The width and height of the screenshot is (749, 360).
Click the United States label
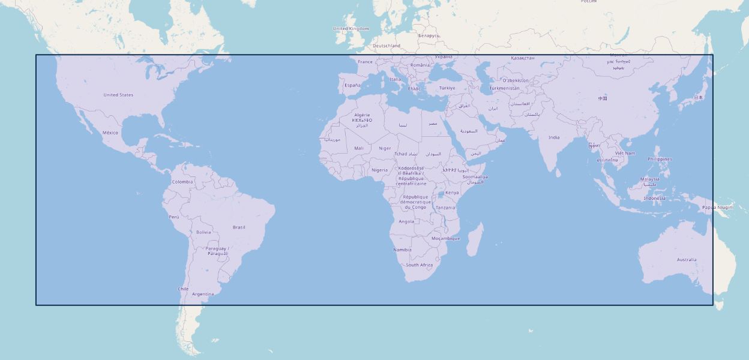[x=118, y=95]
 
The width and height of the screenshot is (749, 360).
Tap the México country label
[x=110, y=133]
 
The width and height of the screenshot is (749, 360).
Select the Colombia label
[x=182, y=182]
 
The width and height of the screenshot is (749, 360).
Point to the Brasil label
[x=239, y=227]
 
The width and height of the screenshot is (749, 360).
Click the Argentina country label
[x=203, y=294]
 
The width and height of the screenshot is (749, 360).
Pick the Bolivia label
[x=203, y=232]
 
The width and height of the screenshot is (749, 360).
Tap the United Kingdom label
[x=351, y=29]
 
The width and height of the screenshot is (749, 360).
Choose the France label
[x=365, y=62]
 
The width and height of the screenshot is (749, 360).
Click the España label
[x=352, y=85]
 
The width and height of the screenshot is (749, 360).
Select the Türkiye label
[x=447, y=88]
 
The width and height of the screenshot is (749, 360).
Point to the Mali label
[x=359, y=148]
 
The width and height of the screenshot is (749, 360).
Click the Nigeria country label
[x=379, y=170]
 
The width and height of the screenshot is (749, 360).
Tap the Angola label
[x=406, y=221]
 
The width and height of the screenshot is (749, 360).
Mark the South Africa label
[x=419, y=265]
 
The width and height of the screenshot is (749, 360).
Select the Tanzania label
[x=445, y=208]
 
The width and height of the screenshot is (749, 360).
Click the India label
[x=554, y=137]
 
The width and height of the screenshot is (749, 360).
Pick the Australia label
[x=687, y=260]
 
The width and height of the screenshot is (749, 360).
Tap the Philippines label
[x=660, y=159]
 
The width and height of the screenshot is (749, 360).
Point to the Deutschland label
[x=387, y=46]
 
